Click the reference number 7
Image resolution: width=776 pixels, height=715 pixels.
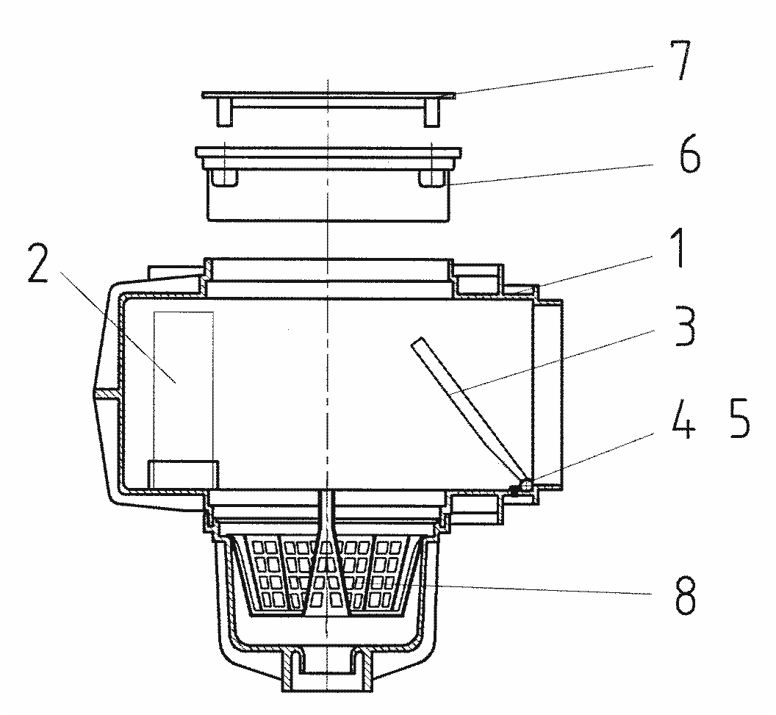pos(680,65)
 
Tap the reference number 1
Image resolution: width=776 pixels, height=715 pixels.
pos(679,248)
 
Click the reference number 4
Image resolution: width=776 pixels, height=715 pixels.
pos(683,424)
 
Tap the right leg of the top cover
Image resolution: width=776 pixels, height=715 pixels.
pos(432,112)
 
